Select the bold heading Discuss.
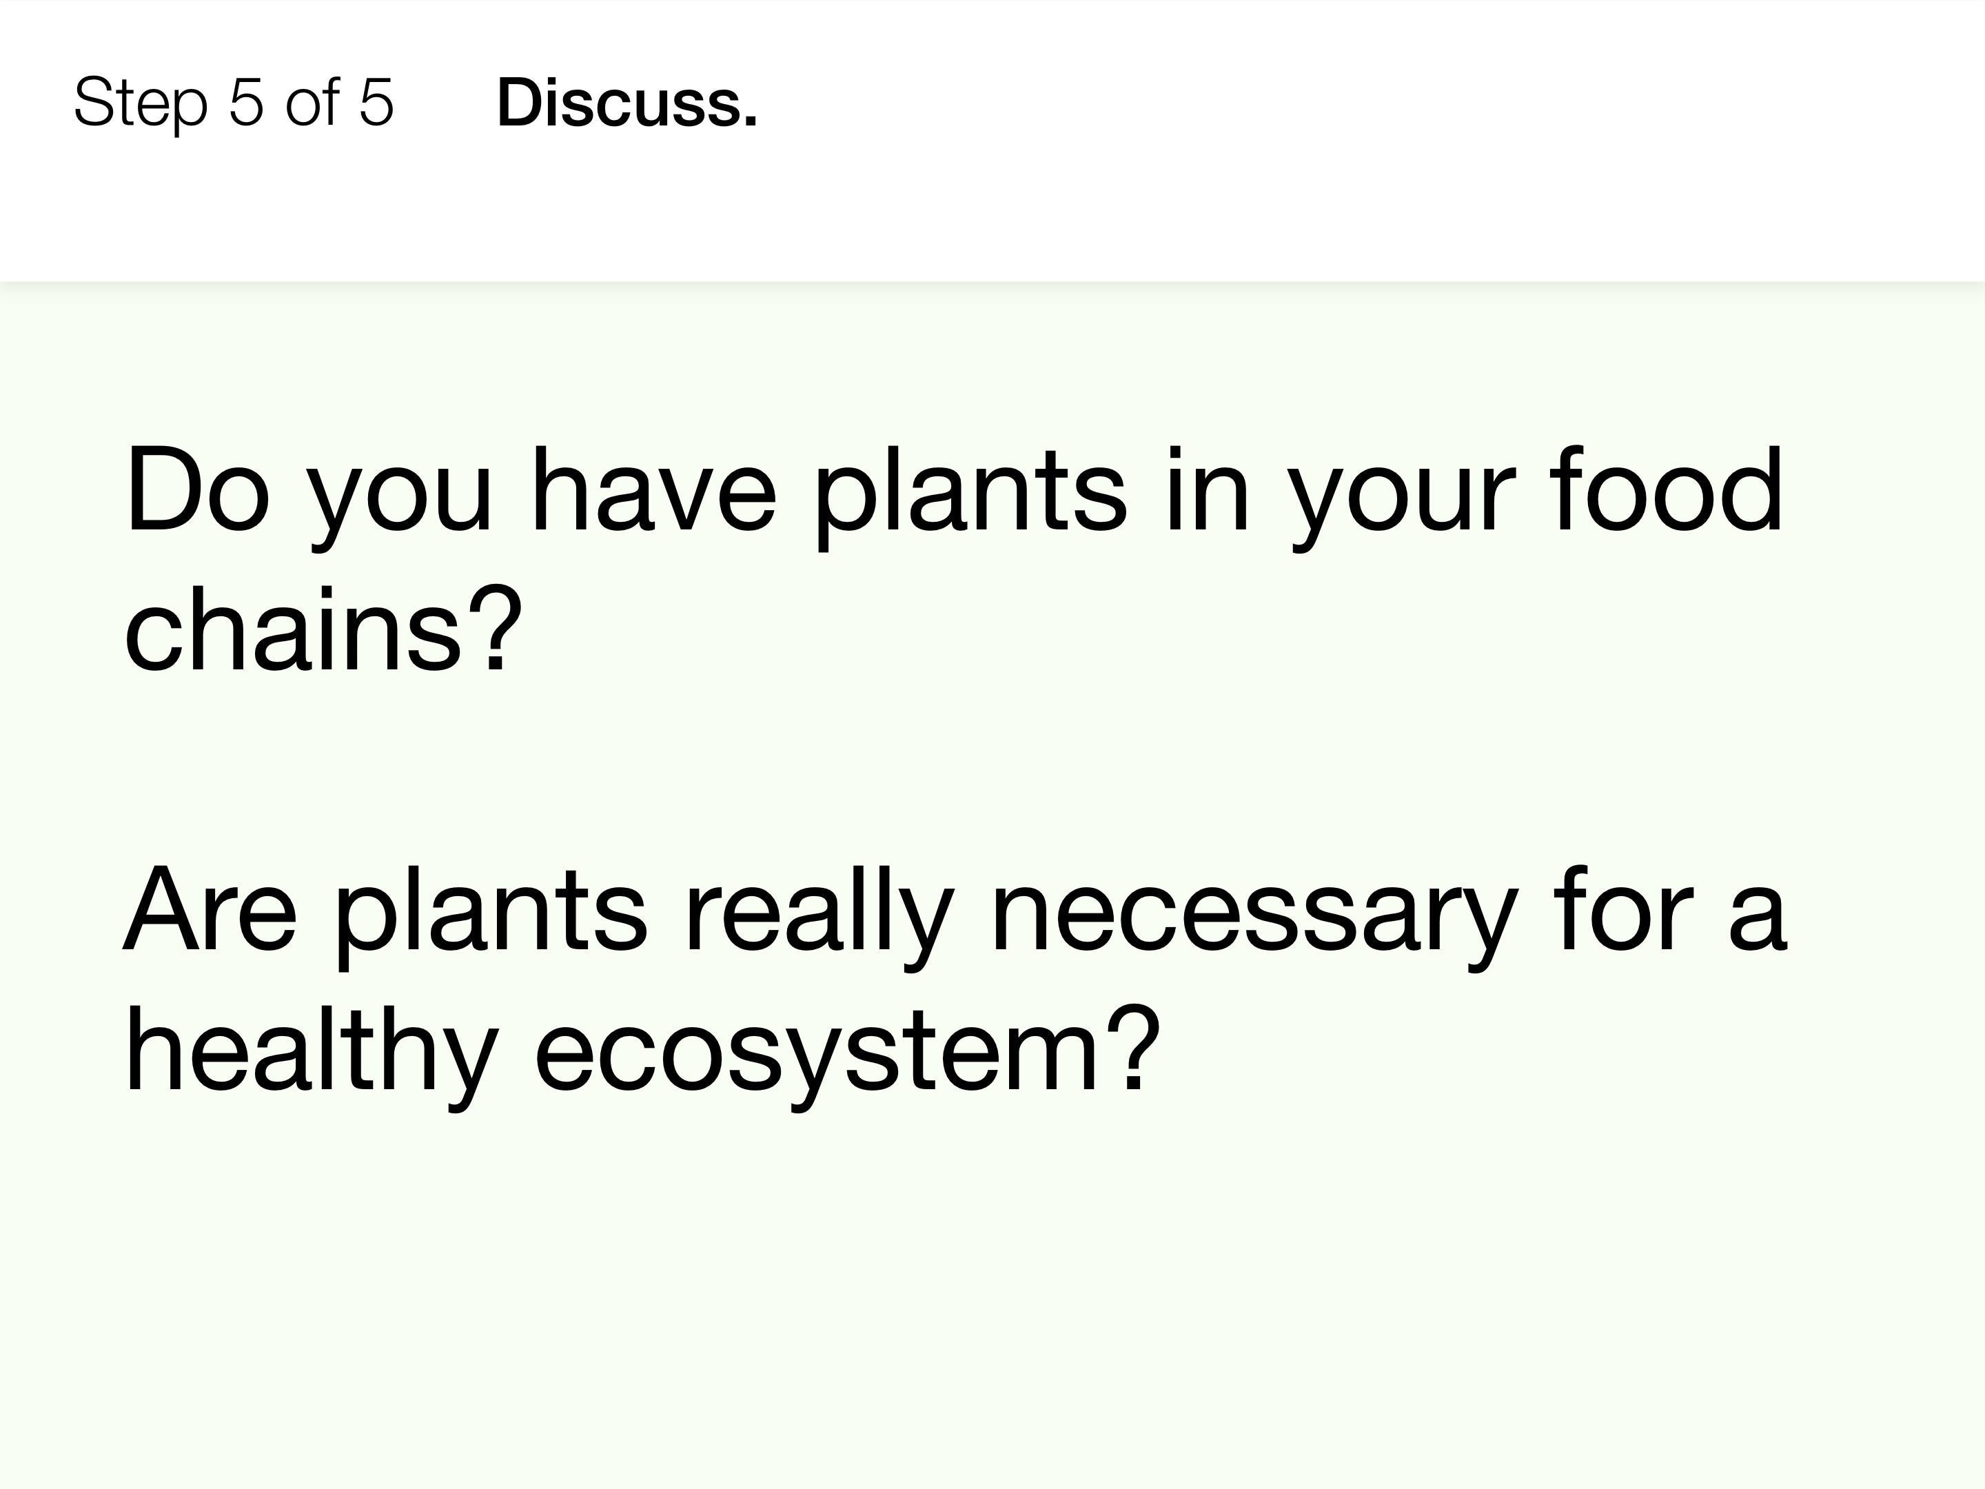pos(627,102)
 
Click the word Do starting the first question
pos(196,490)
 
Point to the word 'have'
pos(653,490)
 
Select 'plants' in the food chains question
pos(969,497)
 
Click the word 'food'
pos(1667,490)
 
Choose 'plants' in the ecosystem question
pos(490,916)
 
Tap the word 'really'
pos(818,916)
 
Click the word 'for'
pos(1622,909)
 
